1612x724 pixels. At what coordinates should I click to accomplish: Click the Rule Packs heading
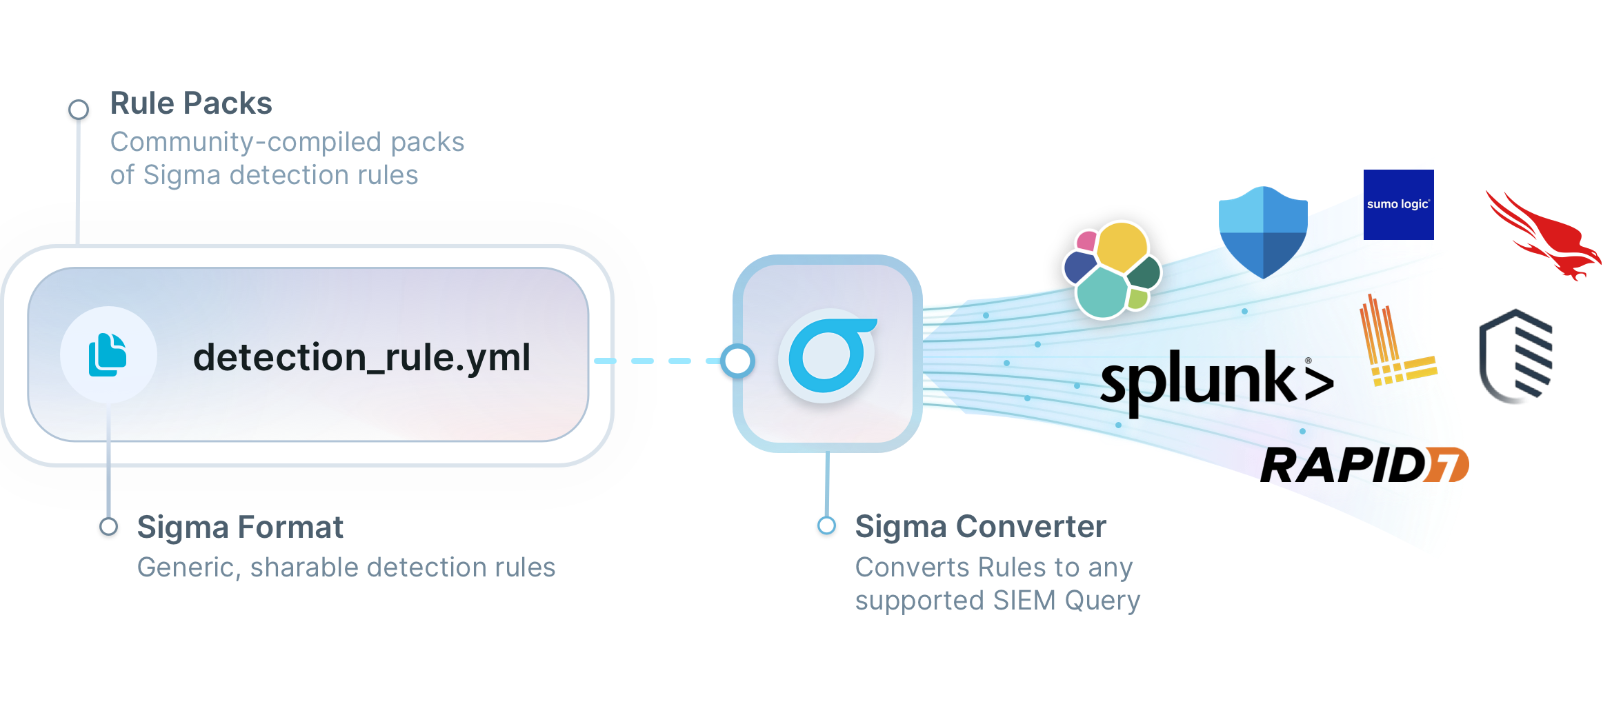click(x=191, y=103)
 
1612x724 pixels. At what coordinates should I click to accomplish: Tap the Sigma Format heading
click(x=240, y=527)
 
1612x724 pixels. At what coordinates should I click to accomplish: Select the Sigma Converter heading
click(x=980, y=527)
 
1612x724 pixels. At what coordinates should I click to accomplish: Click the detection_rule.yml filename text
click(x=361, y=357)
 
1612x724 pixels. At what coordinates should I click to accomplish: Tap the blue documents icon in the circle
click(x=108, y=354)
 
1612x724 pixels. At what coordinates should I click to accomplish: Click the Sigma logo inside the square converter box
click(x=828, y=355)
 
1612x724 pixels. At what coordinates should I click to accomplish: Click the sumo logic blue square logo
click(x=1398, y=205)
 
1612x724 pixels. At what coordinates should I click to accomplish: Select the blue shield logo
click(x=1263, y=232)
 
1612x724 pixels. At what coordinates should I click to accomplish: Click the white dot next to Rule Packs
click(x=79, y=109)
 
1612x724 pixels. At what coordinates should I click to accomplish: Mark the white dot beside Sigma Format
click(x=108, y=526)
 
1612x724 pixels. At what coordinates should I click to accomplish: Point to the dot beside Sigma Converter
click(x=826, y=525)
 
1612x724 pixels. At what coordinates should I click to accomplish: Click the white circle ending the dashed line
click(x=737, y=361)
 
